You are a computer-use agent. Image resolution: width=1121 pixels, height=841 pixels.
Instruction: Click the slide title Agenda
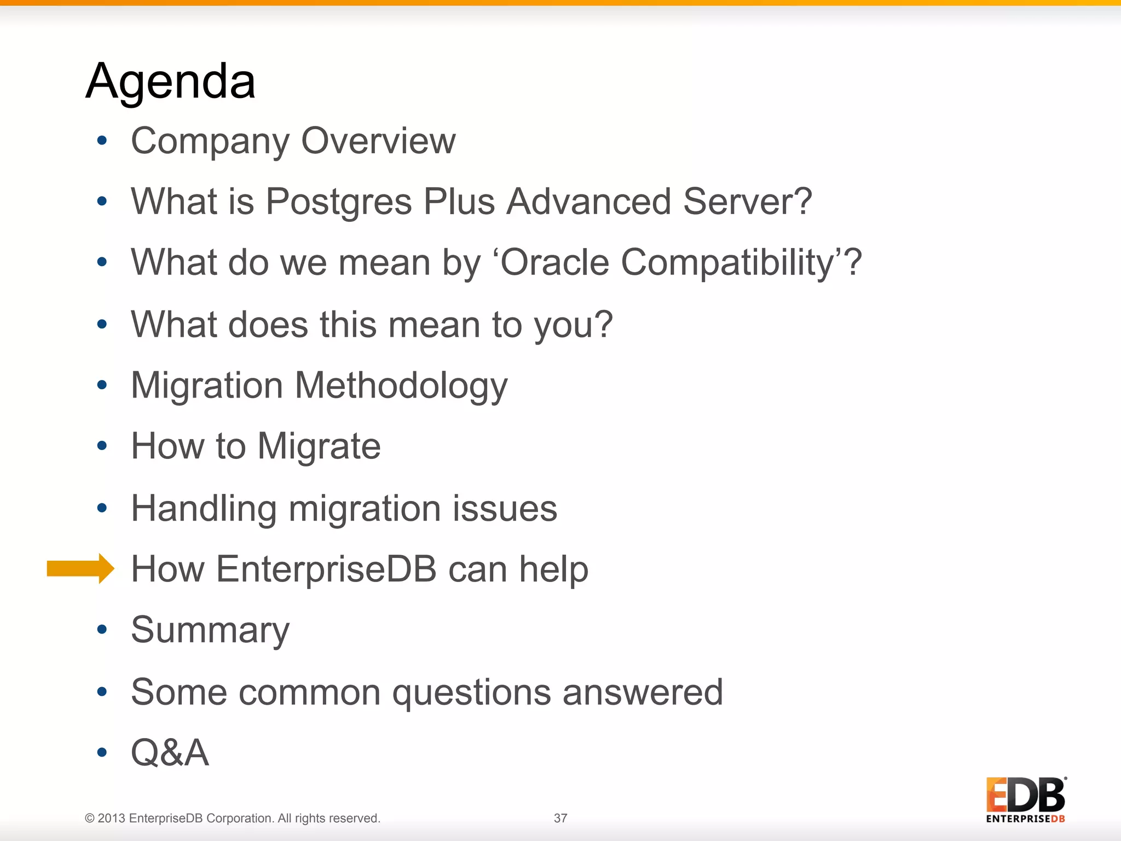[x=170, y=82]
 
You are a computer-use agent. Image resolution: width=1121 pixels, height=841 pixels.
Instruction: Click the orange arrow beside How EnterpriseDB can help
[x=80, y=568]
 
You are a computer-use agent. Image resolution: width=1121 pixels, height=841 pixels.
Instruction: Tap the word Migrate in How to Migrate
[x=319, y=447]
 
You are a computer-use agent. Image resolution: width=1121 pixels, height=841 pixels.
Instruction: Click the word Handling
[x=204, y=509]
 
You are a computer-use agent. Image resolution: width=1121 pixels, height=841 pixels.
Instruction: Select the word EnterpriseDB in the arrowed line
[x=326, y=569]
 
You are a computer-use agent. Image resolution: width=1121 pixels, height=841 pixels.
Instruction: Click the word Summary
[x=210, y=631]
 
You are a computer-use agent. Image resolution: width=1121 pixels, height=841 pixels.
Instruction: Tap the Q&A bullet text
[x=170, y=753]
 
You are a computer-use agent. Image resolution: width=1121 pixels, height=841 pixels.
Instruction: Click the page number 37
[x=560, y=818]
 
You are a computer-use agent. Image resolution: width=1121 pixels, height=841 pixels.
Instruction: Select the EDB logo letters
[x=1026, y=795]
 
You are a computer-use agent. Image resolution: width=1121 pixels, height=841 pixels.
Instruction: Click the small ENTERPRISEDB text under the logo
[x=1025, y=819]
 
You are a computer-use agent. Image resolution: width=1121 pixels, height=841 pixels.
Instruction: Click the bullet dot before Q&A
[x=102, y=753]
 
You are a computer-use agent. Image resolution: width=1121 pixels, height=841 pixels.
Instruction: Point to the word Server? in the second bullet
[x=747, y=202]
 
